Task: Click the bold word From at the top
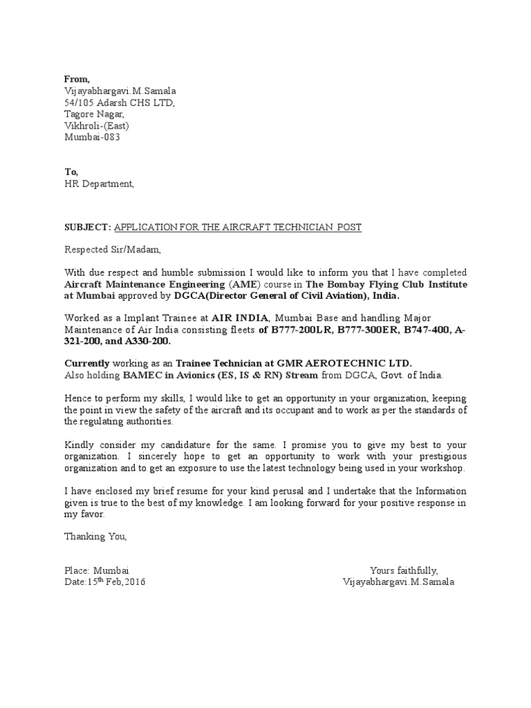pyautogui.click(x=77, y=79)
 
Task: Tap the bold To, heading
pyautogui.click(x=71, y=171)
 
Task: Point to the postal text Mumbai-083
pyautogui.click(x=88, y=137)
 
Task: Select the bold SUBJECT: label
pyautogui.click(x=87, y=227)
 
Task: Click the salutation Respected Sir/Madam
pyautogui.click(x=111, y=250)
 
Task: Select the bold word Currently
pyautogui.click(x=87, y=364)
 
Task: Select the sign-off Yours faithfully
pyautogui.click(x=404, y=570)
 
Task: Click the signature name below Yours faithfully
pyautogui.click(x=398, y=582)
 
